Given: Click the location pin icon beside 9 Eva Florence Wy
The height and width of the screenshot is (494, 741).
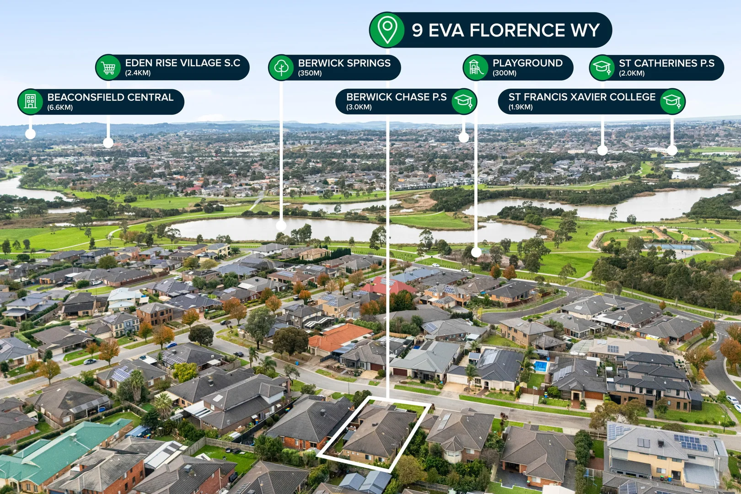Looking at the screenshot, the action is (387, 30).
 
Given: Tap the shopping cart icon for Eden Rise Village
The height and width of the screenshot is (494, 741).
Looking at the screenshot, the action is (108, 68).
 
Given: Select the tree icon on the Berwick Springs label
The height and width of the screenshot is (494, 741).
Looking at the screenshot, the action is (281, 68).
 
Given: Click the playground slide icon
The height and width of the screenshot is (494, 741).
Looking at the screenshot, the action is (476, 68).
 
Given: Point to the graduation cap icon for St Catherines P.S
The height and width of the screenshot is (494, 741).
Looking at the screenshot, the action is (602, 68).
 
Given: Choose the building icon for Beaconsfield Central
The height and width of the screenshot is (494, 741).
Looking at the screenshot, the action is (31, 102).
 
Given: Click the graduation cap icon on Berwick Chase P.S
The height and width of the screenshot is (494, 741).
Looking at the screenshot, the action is (464, 101).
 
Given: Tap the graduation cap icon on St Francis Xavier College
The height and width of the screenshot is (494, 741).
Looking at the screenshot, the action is (672, 101).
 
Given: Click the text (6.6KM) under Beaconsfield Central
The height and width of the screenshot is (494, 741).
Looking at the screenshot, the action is (60, 107).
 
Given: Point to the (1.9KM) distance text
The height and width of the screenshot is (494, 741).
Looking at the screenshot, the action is (521, 107).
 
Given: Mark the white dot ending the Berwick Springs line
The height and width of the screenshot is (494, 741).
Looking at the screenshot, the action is (281, 226).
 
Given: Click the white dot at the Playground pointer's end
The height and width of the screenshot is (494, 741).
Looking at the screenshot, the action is (476, 252).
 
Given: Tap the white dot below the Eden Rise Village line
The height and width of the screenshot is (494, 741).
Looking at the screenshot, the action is (108, 143).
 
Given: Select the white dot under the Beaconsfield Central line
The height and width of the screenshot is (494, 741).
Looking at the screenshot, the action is (31, 134).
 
